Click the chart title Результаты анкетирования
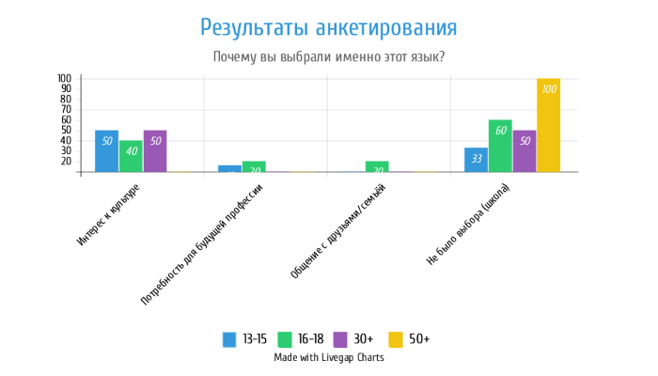pos(329,26)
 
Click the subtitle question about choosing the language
pos(329,57)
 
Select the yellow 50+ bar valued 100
pos(548,125)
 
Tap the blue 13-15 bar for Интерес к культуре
pos(107,150)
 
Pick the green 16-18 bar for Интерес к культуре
pos(131,156)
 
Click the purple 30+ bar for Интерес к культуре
pos(155,150)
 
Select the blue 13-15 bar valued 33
pos(476,160)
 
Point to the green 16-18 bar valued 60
pos(500,146)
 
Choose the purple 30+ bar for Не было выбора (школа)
pos(525,150)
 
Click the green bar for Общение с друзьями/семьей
pos(377,166)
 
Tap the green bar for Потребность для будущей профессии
pos(254,166)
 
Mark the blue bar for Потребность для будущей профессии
pos(229,168)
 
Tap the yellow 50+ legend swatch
pos(397,339)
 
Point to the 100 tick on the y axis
pos(64,78)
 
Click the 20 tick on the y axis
pos(66,162)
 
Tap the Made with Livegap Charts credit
pos(329,357)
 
